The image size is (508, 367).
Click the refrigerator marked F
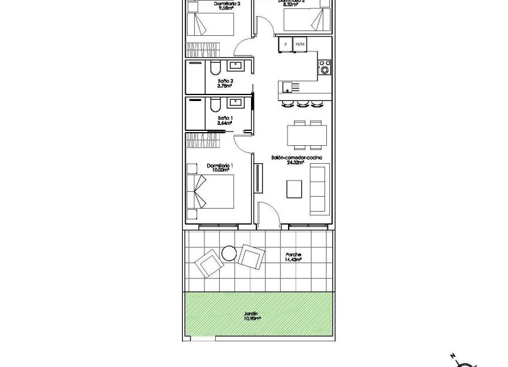[286, 44]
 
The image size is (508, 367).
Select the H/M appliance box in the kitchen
[300, 44]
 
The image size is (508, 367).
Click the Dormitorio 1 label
[219, 166]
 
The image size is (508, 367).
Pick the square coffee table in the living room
[295, 189]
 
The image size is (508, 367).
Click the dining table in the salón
[307, 134]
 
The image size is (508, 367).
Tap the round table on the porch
[229, 253]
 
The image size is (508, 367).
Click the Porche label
[293, 254]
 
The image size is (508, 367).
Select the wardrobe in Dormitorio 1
[203, 140]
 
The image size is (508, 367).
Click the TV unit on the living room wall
[258, 178]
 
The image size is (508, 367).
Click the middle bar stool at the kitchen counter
[301, 104]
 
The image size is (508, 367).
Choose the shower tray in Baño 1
[194, 113]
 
